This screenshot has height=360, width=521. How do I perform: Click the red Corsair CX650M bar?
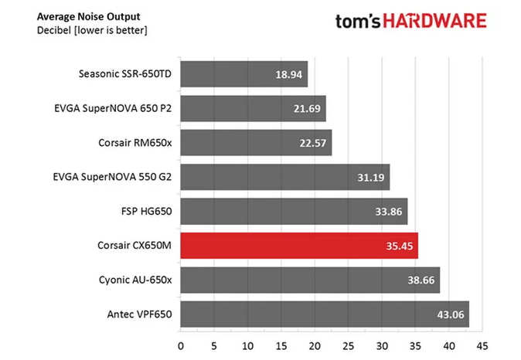pos(299,246)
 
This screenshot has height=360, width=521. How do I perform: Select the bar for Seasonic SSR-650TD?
pos(244,75)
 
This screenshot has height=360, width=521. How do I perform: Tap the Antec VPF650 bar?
pos(325,315)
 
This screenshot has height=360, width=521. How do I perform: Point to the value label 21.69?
pos(308,110)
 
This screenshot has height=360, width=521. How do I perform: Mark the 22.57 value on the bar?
pos(314,144)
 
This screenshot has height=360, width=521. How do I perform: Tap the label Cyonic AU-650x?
pos(132,280)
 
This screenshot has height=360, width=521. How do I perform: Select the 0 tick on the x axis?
pos(181,346)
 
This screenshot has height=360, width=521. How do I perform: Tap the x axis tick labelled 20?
pos(315,346)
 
